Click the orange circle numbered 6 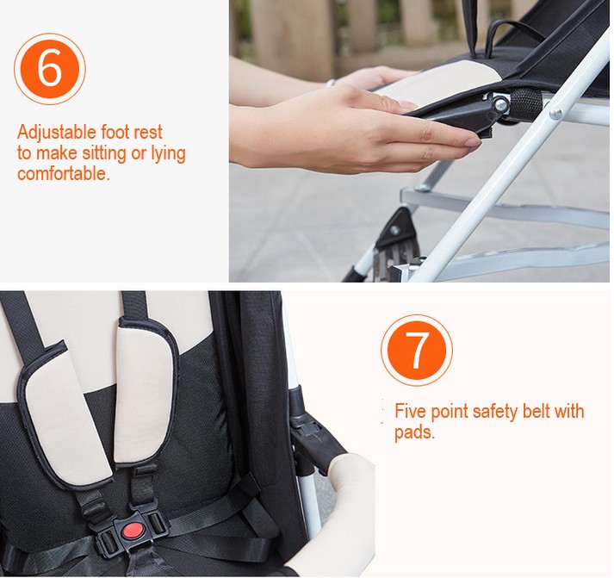(x=50, y=69)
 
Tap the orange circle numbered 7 (x=416, y=350)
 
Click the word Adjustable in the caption (x=53, y=134)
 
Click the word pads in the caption (x=413, y=432)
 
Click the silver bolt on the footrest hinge (x=499, y=104)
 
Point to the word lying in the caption (x=163, y=154)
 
